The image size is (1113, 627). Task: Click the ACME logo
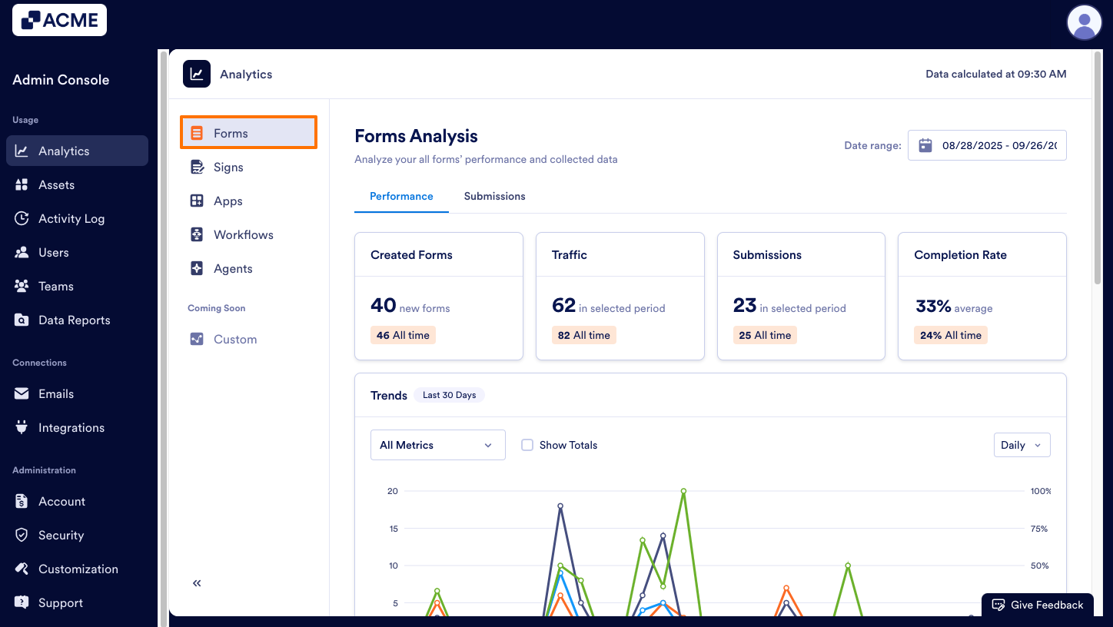(x=59, y=20)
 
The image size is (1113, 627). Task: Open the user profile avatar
(x=1084, y=22)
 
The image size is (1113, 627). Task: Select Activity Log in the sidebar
(x=71, y=219)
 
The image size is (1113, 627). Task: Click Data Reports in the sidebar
(x=74, y=320)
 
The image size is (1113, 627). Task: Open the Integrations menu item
(x=71, y=428)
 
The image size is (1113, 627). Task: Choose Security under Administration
(x=61, y=536)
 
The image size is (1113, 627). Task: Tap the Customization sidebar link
(x=78, y=569)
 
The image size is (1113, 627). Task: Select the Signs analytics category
(x=228, y=168)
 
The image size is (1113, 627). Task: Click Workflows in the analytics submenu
(x=243, y=235)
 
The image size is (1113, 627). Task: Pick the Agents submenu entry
(x=233, y=269)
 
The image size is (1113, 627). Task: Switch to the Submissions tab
(x=494, y=197)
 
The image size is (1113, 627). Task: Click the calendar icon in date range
(x=925, y=145)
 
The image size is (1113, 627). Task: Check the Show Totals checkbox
(x=527, y=445)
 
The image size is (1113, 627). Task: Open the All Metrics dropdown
(x=437, y=445)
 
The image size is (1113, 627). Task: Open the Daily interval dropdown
(x=1021, y=445)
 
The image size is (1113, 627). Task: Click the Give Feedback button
(x=1037, y=605)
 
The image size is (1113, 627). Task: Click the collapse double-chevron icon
(x=197, y=583)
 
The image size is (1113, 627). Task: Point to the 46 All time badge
(x=403, y=336)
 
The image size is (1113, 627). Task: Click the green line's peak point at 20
(x=683, y=491)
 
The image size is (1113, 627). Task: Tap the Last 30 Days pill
(x=449, y=395)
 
